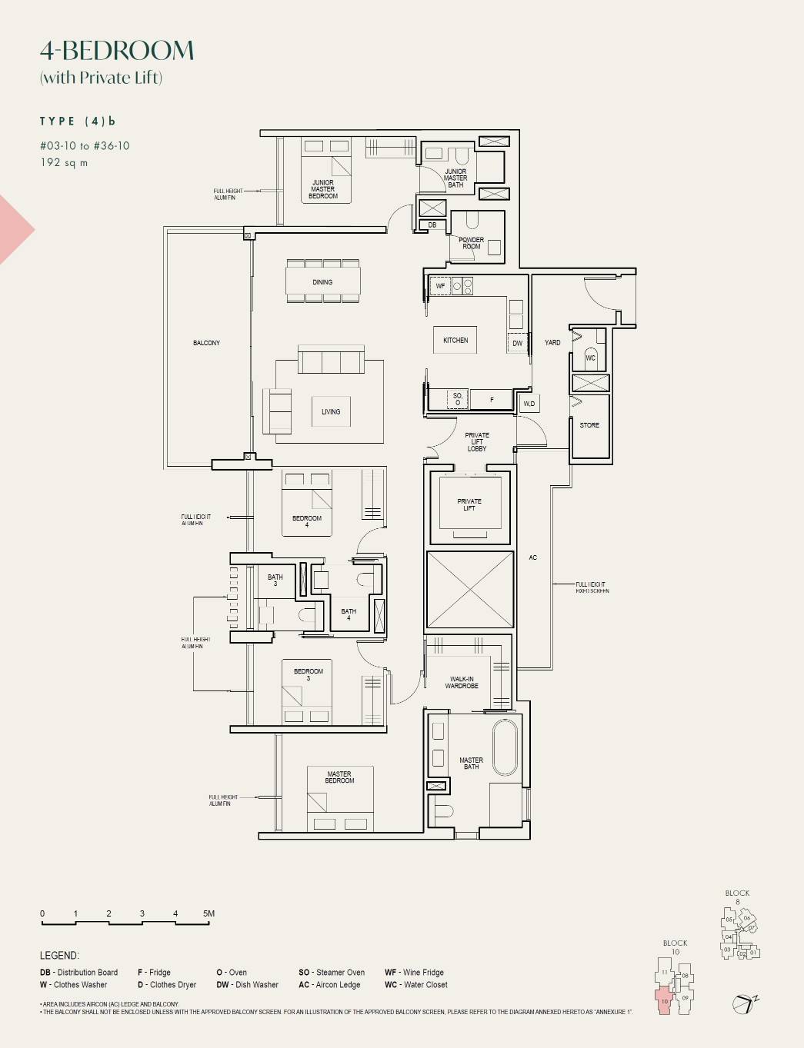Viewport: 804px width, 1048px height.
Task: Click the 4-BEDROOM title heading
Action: (117, 51)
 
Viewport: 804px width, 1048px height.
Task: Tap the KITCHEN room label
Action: (455, 340)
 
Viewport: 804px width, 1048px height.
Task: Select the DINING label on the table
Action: (322, 282)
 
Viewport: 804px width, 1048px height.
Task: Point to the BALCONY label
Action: (206, 343)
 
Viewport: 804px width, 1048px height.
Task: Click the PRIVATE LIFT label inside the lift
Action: (469, 504)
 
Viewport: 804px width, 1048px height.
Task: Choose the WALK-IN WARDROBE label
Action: (462, 682)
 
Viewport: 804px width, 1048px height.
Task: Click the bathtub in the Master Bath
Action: (505, 747)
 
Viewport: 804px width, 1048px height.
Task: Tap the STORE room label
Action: (589, 425)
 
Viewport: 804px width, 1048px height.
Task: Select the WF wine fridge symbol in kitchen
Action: (440, 286)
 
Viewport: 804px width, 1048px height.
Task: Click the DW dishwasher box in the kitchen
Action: (517, 343)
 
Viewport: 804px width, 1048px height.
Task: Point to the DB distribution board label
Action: (432, 225)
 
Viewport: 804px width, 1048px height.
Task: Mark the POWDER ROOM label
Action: (471, 243)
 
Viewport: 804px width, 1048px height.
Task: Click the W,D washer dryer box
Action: (529, 404)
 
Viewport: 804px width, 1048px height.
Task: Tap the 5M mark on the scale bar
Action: (209, 914)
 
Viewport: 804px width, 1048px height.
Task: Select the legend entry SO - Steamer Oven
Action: (332, 973)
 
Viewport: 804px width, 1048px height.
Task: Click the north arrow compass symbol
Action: (744, 1003)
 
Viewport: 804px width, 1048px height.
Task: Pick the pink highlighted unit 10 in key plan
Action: (665, 1002)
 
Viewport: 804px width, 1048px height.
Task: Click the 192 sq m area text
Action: (64, 163)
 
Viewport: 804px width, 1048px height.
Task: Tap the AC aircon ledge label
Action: (532, 557)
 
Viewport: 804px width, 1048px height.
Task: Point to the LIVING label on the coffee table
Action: (331, 412)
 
